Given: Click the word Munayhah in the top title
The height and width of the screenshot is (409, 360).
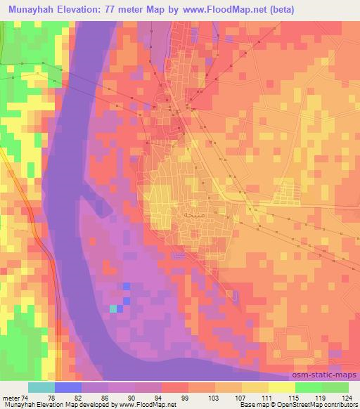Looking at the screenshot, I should [29, 10].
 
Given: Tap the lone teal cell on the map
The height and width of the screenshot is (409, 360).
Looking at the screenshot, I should [113, 308].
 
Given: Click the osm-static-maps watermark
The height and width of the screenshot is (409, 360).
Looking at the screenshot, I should [328, 375].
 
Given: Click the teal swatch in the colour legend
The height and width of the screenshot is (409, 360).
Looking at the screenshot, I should [41, 387].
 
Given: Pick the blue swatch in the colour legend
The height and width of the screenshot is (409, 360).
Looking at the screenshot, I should [68, 387].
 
